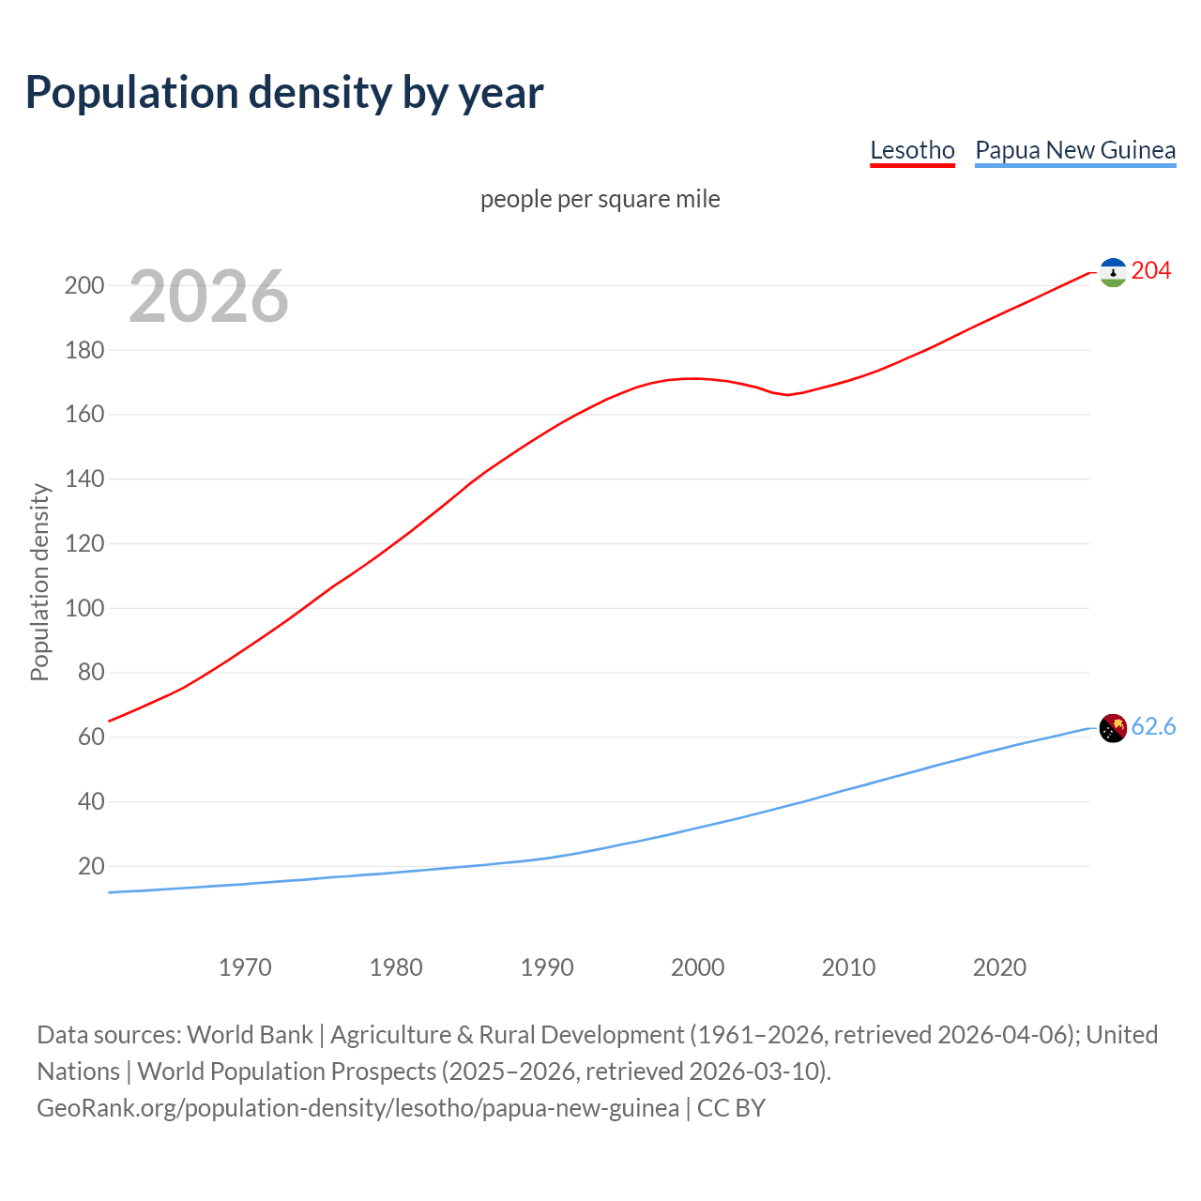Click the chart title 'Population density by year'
tap(284, 93)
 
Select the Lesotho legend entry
tap(912, 150)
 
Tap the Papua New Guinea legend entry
tap(1075, 150)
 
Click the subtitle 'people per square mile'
tap(600, 199)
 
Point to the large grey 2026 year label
tap(208, 296)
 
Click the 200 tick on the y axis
tap(84, 285)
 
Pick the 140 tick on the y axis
tap(84, 479)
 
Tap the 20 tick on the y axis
tap(91, 866)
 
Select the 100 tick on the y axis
tap(84, 608)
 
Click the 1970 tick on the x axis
tap(245, 967)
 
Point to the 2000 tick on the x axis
tap(697, 967)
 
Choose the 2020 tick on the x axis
tap(999, 967)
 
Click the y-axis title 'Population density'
tap(39, 582)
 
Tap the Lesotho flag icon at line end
tap(1113, 272)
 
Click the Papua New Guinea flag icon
tap(1113, 728)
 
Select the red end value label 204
tap(1151, 271)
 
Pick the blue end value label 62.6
tap(1153, 727)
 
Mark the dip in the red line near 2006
tap(788, 395)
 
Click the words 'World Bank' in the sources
tap(250, 1035)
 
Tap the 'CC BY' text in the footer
tap(731, 1108)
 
